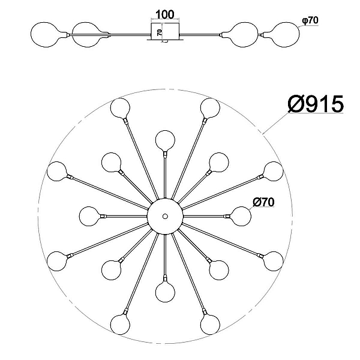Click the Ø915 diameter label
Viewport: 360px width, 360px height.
316,104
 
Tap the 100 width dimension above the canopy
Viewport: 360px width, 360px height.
165,14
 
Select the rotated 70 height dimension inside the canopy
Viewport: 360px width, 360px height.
160,32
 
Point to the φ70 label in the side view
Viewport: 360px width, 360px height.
310,20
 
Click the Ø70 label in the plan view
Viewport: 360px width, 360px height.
263,202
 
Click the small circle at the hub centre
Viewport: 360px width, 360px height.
165,216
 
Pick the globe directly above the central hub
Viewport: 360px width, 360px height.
165,140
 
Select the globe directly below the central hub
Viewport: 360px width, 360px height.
165,292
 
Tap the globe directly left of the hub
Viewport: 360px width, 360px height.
89,216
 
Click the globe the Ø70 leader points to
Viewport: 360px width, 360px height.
241,216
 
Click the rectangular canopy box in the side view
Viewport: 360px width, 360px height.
165,31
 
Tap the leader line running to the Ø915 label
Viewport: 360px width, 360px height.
275,123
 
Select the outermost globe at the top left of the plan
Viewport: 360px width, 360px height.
121,108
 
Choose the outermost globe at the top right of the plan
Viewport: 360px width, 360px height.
210,108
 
